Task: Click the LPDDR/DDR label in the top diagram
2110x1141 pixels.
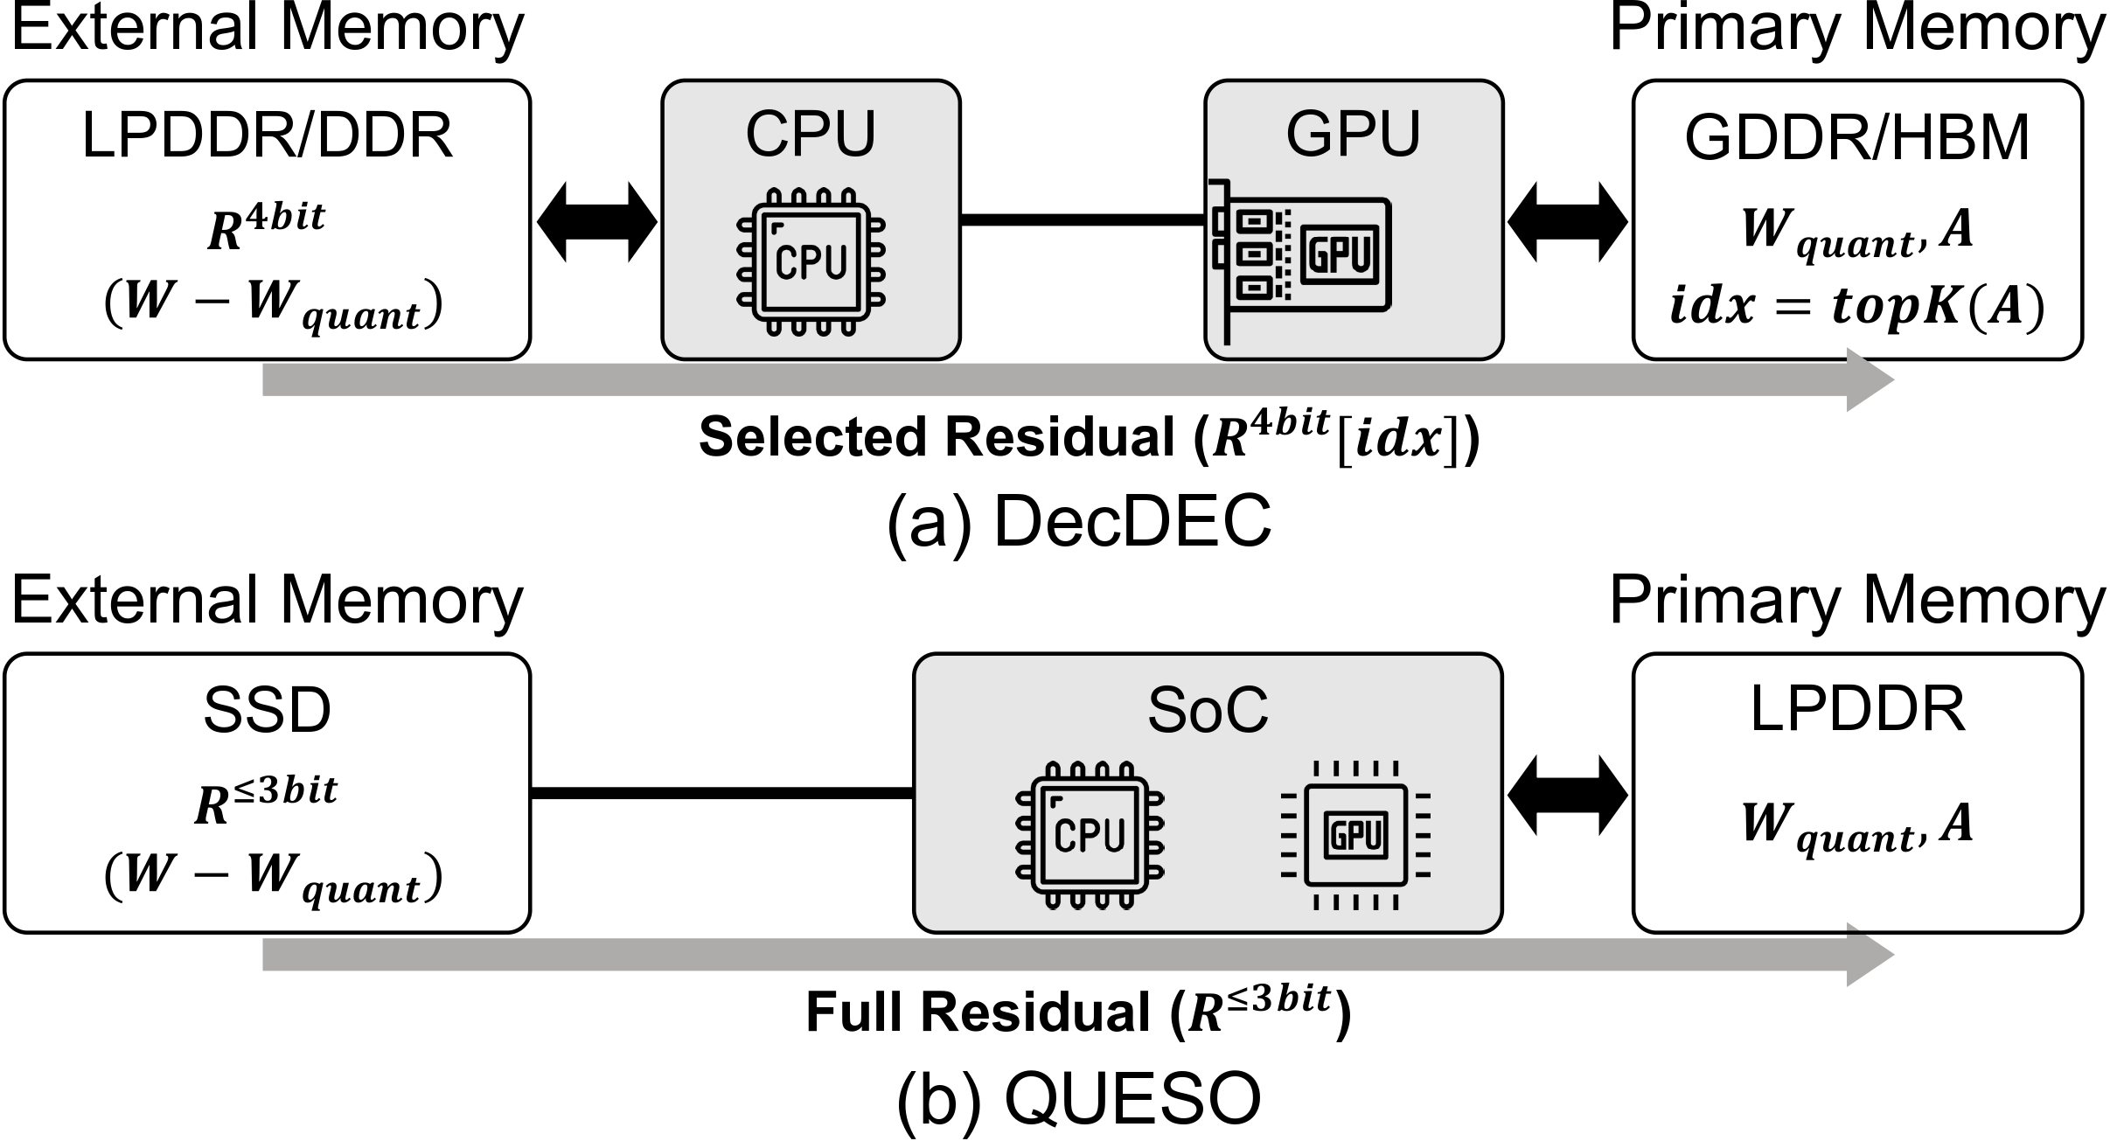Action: point(267,136)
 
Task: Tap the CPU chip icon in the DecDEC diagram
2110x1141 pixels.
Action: point(811,261)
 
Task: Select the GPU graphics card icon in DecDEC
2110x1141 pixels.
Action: point(1300,261)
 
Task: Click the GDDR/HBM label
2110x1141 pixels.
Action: point(1857,137)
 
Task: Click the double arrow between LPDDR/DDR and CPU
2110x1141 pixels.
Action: point(596,222)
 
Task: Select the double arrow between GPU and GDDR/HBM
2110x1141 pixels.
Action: point(1568,222)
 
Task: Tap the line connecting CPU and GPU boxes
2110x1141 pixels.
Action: point(1083,219)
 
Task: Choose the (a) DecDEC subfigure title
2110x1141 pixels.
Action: point(1080,522)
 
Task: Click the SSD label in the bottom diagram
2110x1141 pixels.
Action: point(267,710)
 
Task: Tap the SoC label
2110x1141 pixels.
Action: point(1208,710)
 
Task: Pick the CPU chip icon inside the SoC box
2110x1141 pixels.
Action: point(1090,835)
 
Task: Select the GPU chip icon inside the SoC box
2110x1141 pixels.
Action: point(1354,835)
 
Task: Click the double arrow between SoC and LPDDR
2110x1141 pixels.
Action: point(1568,795)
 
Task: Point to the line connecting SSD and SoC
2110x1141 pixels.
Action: point(722,793)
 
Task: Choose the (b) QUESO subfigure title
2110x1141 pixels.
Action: point(1080,1098)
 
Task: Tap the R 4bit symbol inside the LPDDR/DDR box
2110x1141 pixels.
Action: point(266,227)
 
